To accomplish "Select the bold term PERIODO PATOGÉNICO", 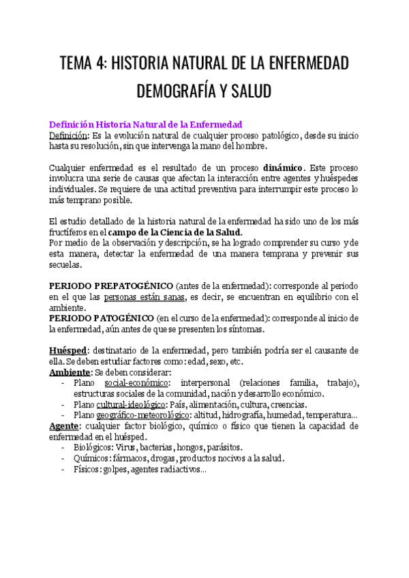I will coord(100,318).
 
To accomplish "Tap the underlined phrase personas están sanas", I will coord(144,296).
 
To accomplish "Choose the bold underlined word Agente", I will coord(64,426).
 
